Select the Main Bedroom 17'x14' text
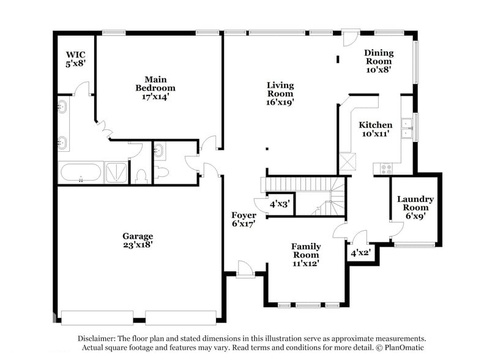click(x=155, y=88)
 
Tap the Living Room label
click(x=280, y=94)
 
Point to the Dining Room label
click(x=379, y=61)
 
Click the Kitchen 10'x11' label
click(x=375, y=129)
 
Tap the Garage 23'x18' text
click(x=137, y=240)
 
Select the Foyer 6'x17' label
click(x=243, y=219)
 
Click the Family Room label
click(x=305, y=255)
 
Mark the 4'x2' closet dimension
click(x=360, y=252)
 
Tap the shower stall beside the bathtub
click(x=116, y=172)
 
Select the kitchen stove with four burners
click(x=387, y=168)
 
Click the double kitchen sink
click(x=406, y=127)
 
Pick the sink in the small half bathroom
click(x=159, y=150)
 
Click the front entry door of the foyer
click(x=245, y=269)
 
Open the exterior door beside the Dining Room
click(x=350, y=37)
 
